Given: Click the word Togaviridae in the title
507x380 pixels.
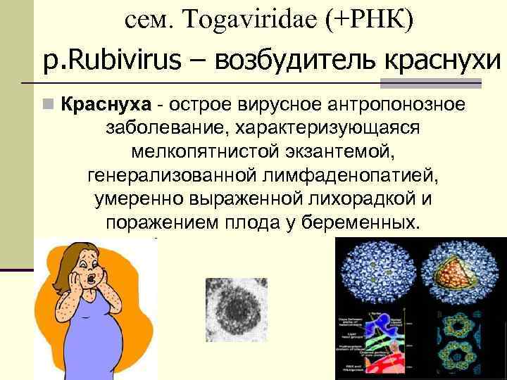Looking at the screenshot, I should tap(251, 20).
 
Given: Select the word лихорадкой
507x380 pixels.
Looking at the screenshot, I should tap(353, 199).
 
